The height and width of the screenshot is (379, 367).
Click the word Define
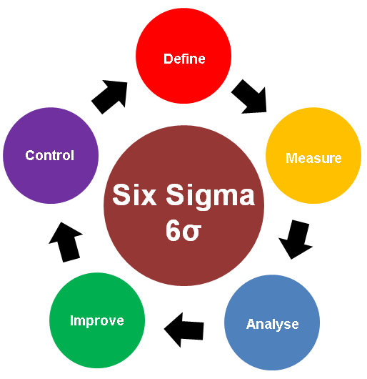click(x=184, y=59)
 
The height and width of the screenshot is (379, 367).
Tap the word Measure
click(x=313, y=158)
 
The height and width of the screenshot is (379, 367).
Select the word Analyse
click(x=273, y=325)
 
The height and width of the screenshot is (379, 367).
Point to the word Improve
click(x=97, y=321)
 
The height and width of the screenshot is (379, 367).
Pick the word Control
click(x=49, y=155)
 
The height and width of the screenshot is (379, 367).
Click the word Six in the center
click(x=134, y=195)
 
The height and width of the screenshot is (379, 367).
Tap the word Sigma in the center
click(x=210, y=197)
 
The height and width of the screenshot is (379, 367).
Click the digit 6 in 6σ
click(x=174, y=230)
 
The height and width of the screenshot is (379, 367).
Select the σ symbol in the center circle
click(x=192, y=232)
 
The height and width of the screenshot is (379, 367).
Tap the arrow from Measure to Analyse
click(x=296, y=239)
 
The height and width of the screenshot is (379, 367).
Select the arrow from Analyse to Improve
click(x=184, y=330)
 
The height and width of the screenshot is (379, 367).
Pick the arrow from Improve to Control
click(x=66, y=242)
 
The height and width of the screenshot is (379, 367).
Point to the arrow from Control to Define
click(x=110, y=96)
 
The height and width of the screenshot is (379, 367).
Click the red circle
click(x=183, y=56)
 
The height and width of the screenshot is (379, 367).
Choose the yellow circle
click(x=313, y=155)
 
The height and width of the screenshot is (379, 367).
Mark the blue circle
click(x=272, y=323)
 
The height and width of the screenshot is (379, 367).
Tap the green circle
click(x=97, y=320)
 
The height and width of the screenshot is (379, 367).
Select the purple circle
click(x=51, y=155)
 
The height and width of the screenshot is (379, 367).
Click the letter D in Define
click(x=168, y=59)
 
